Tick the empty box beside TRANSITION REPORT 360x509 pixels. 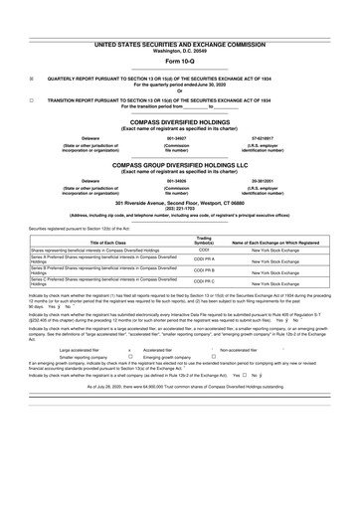coord(33,100)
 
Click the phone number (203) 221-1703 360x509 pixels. coord(180,208)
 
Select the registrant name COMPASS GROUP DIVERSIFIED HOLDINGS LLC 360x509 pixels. coord(180,165)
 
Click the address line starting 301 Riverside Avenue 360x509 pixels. coord(180,202)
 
